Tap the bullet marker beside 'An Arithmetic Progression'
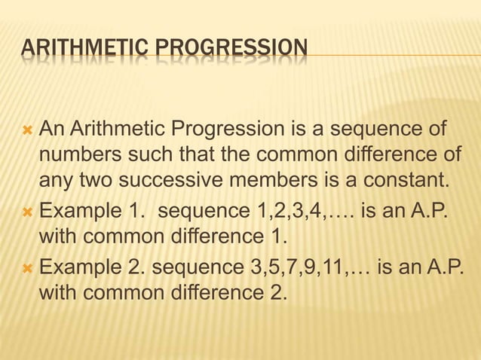click(28, 134)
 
